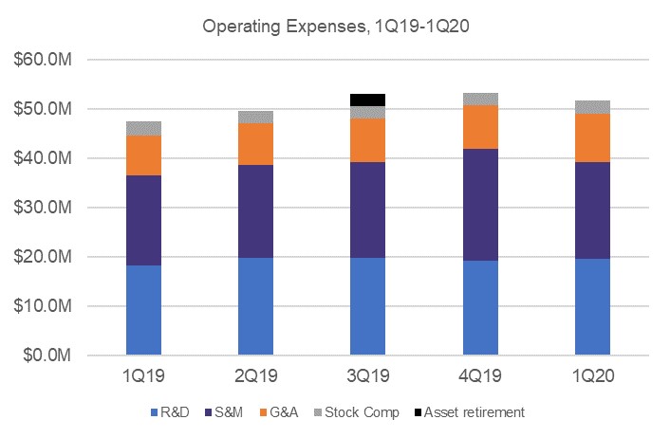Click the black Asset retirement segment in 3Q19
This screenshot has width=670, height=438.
coord(367,100)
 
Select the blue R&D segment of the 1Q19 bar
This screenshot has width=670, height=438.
coord(143,310)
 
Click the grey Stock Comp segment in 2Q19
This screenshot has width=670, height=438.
coord(255,117)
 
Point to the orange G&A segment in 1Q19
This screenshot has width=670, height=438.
coord(143,155)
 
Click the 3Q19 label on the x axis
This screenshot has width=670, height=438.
coord(367,376)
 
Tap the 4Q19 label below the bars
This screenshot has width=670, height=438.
coord(480,376)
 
